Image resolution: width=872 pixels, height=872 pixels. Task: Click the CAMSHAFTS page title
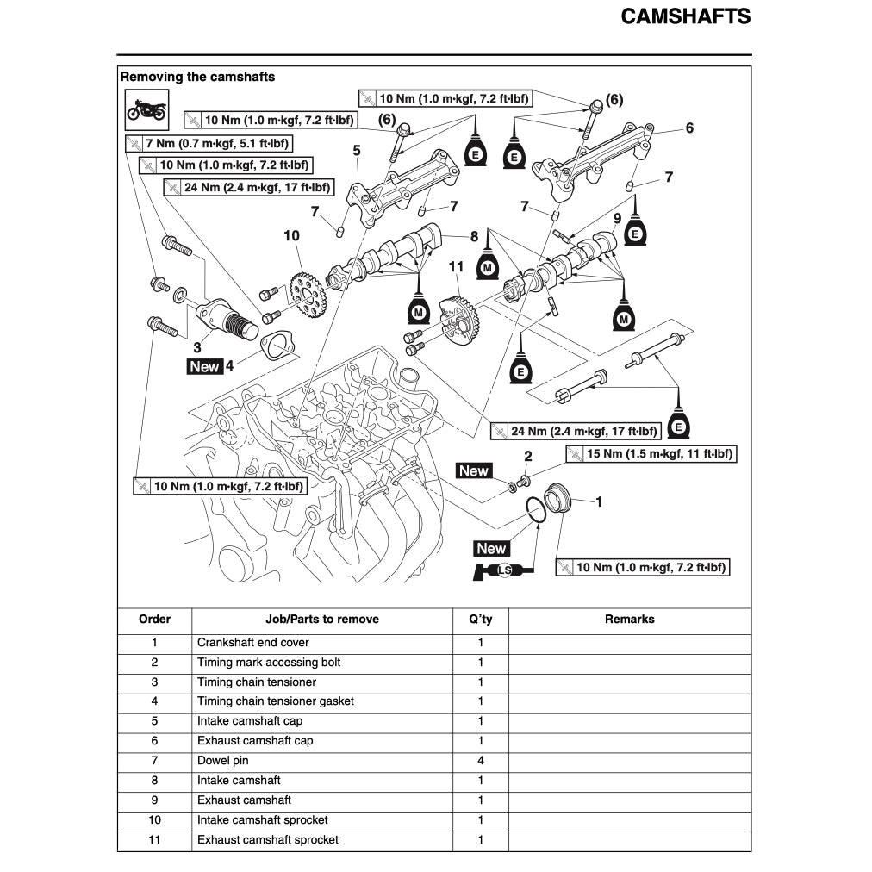pyautogui.click(x=685, y=17)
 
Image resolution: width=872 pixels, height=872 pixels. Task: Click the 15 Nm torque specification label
pyautogui.click(x=651, y=454)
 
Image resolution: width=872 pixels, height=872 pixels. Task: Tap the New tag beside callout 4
pyautogui.click(x=205, y=366)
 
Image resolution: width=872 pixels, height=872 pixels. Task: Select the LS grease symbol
pyautogui.click(x=504, y=570)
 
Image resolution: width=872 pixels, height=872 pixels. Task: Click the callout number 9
pyautogui.click(x=617, y=217)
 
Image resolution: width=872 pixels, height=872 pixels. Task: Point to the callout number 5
pyautogui.click(x=356, y=151)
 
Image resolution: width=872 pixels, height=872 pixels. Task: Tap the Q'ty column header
pyautogui.click(x=481, y=620)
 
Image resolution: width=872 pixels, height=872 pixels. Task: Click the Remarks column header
pyautogui.click(x=629, y=620)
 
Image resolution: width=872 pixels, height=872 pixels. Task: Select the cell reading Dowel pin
pyautogui.click(x=223, y=761)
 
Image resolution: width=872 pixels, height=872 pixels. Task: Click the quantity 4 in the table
pyautogui.click(x=481, y=761)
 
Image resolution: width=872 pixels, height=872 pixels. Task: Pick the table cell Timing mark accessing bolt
pyautogui.click(x=269, y=663)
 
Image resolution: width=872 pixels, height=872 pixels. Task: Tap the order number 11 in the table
pyautogui.click(x=154, y=840)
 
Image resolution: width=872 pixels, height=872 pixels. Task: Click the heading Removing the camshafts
pyautogui.click(x=197, y=77)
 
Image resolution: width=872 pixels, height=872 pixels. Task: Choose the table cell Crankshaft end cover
pyautogui.click(x=253, y=643)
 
